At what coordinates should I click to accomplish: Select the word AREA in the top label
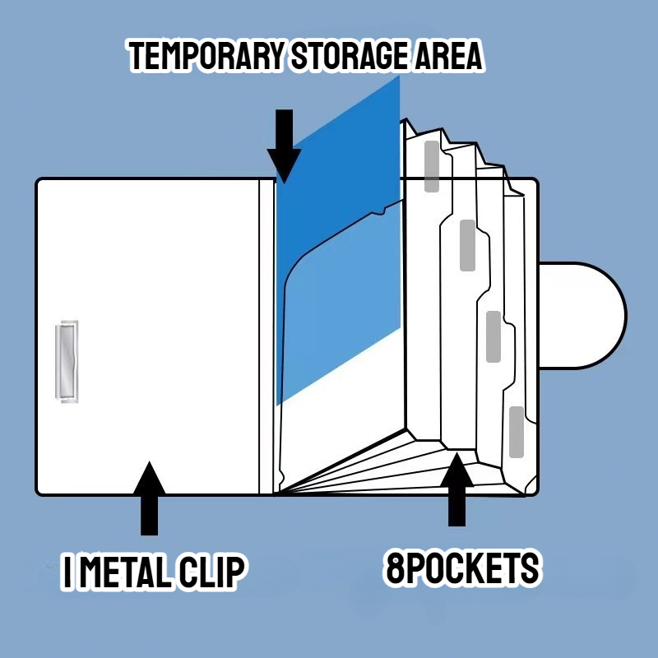(448, 55)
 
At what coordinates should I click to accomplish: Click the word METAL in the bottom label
(126, 572)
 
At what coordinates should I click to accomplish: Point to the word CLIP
(211, 572)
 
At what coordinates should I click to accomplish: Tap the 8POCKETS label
(462, 568)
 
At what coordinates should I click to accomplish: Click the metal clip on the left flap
(67, 362)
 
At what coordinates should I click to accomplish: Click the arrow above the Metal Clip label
(149, 498)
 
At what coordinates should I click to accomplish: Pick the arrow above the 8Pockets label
(456, 489)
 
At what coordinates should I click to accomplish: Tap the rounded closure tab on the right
(582, 316)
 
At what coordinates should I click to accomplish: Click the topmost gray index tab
(432, 167)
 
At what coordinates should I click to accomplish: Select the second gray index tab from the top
(467, 245)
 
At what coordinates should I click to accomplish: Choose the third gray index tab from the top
(493, 336)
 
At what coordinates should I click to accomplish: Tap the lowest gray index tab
(517, 432)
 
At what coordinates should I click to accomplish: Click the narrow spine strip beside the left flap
(266, 336)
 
